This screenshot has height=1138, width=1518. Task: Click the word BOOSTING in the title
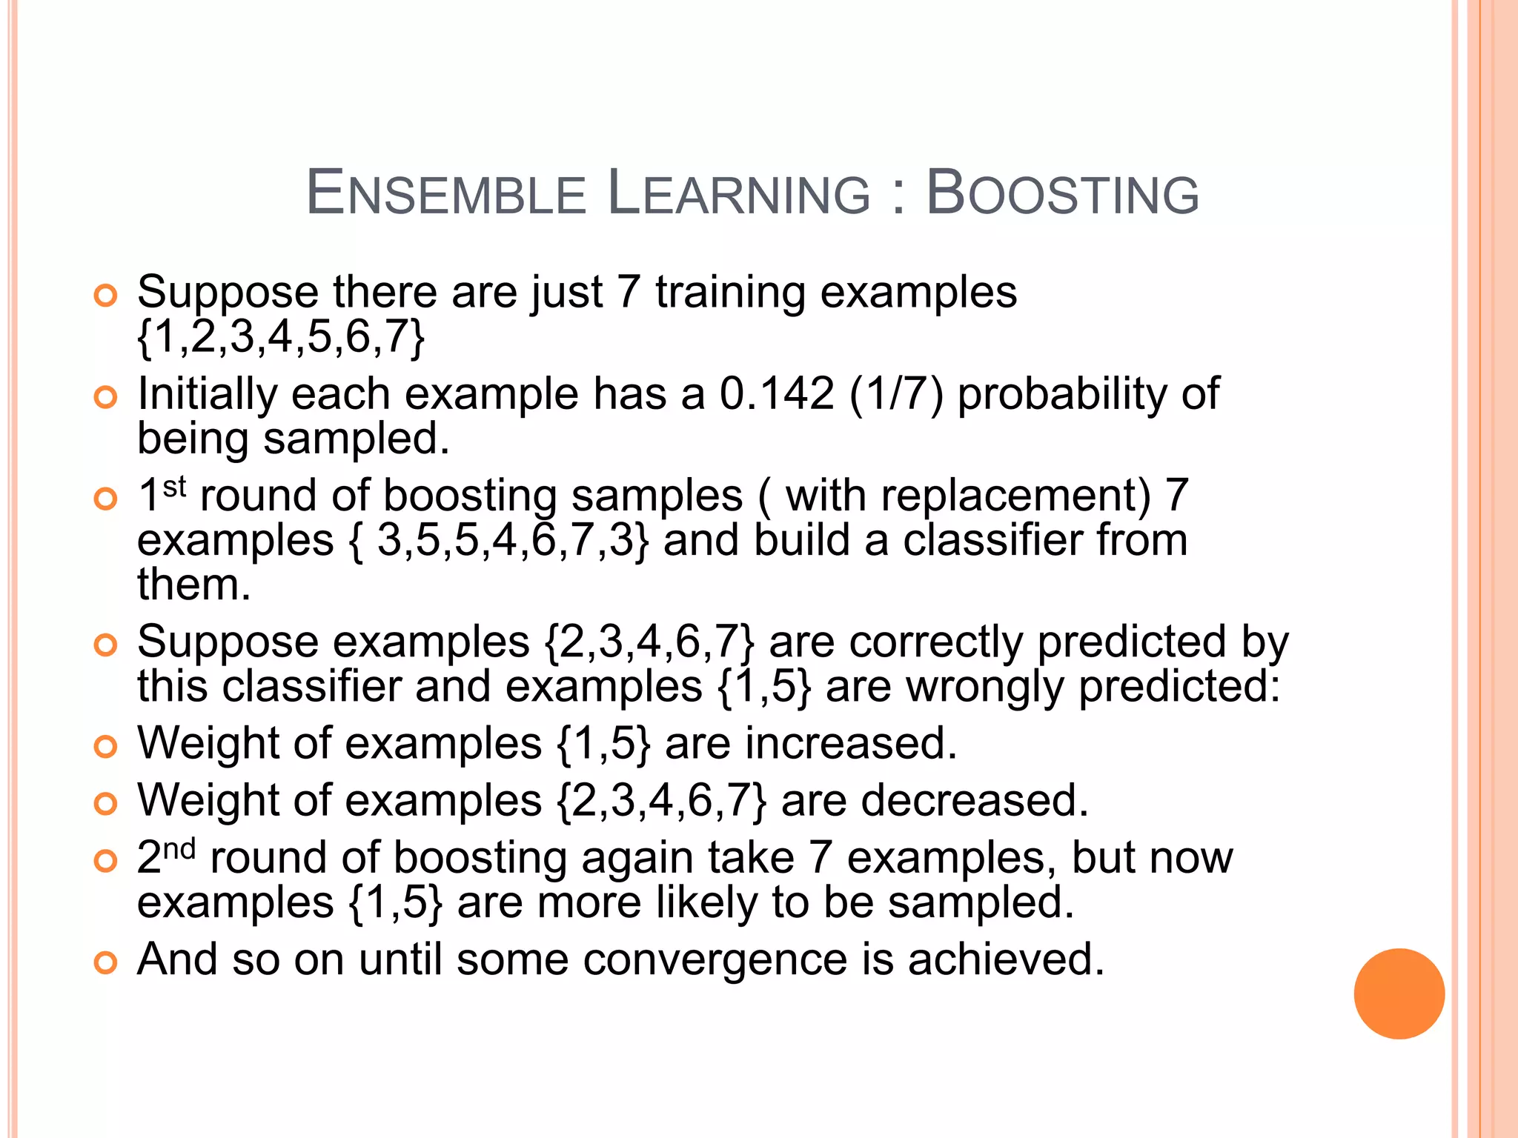coord(1062,193)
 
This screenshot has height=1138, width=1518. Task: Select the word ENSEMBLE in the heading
coord(446,193)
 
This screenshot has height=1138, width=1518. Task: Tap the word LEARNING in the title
coord(738,193)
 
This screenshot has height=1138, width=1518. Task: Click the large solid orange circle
coord(1399,994)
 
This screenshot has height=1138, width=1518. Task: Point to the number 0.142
coord(777,393)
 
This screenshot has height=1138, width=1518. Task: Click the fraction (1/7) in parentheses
coord(897,393)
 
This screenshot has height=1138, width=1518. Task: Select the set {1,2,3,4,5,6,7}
coord(281,337)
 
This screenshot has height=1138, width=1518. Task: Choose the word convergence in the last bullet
coord(715,959)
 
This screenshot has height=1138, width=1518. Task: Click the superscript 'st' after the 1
coord(174,487)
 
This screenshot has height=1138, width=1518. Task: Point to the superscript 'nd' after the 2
coord(179,849)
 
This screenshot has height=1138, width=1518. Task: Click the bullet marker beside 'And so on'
coord(106,962)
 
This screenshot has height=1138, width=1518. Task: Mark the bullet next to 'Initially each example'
coord(106,397)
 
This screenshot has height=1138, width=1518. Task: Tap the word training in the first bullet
coord(730,293)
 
